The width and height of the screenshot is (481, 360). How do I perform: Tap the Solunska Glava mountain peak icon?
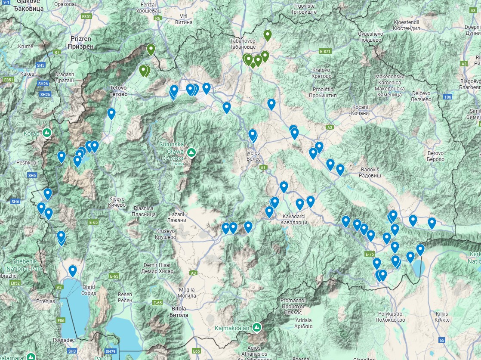click(192, 152)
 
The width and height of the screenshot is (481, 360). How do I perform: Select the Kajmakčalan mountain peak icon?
click(257, 328)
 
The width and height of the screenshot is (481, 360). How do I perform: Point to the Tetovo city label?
click(118, 91)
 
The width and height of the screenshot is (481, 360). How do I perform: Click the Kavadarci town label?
click(295, 219)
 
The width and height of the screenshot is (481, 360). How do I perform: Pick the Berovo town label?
click(435, 156)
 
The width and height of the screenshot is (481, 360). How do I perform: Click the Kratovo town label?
click(321, 73)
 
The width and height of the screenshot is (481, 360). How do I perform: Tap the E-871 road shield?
click(325, 51)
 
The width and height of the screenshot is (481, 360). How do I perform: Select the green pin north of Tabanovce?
click(268, 34)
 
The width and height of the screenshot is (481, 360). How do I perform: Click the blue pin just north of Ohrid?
click(73, 270)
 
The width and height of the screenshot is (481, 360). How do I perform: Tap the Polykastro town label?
click(391, 317)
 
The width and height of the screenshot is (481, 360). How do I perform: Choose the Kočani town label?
click(360, 110)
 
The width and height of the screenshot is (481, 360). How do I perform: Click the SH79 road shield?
click(111, 352)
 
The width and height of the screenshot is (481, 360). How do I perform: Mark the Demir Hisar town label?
click(157, 268)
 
